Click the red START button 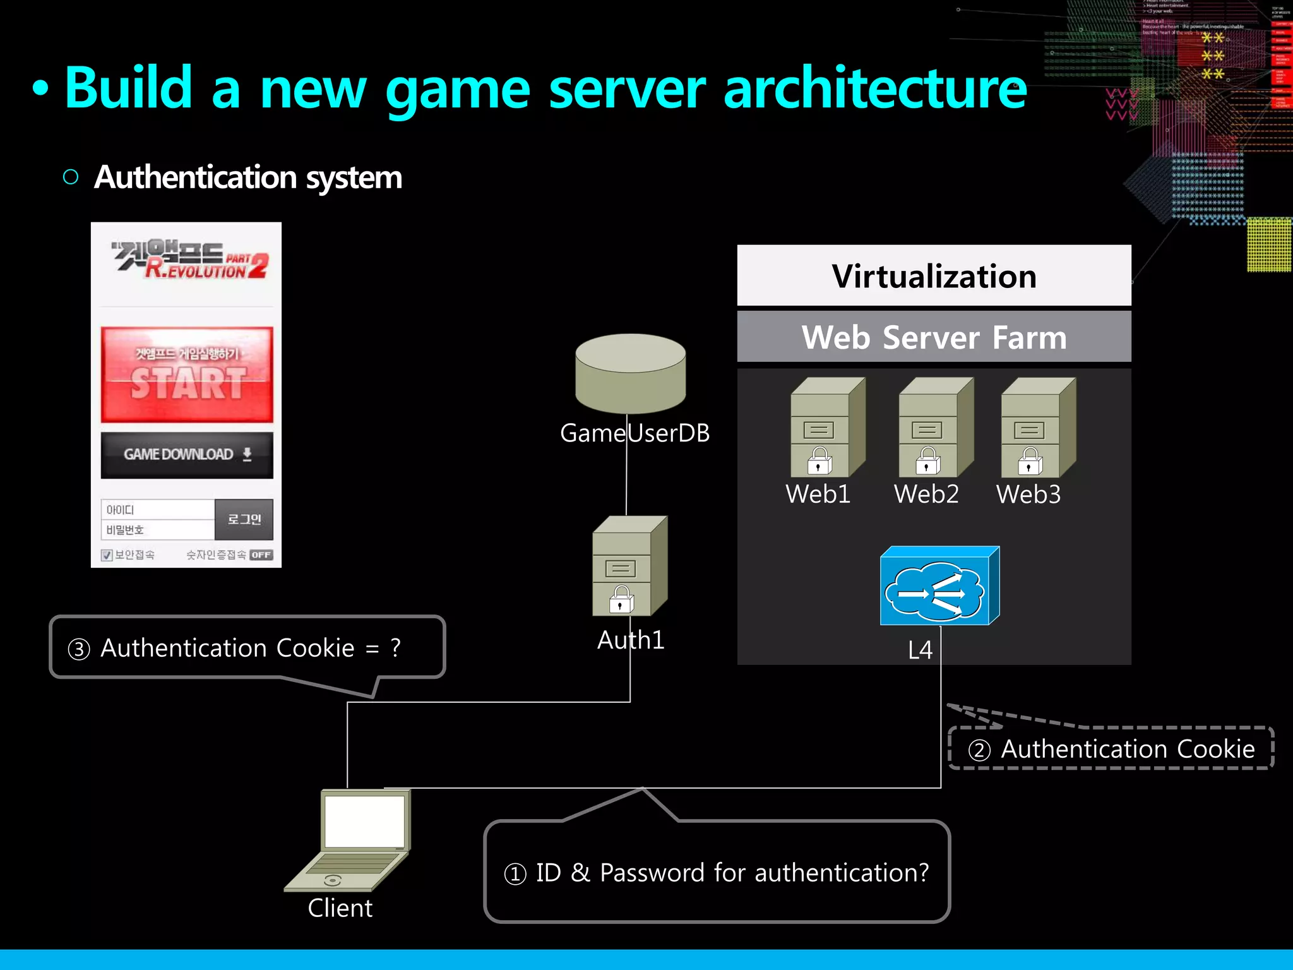tap(187, 374)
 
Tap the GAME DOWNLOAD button tap(187, 455)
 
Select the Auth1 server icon tap(629, 566)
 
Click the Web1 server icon tap(827, 428)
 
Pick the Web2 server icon tap(936, 428)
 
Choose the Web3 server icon tap(1038, 428)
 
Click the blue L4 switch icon tap(939, 586)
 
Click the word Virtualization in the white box tap(934, 277)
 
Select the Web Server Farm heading tap(934, 337)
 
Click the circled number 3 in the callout tap(79, 649)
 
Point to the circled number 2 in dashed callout tap(979, 750)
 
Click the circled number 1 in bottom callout tap(515, 874)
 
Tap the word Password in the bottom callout tap(652, 873)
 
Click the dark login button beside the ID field tap(244, 519)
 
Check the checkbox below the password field tap(107, 555)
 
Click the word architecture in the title tap(874, 88)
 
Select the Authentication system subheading tap(247, 177)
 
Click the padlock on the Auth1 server tap(621, 600)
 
